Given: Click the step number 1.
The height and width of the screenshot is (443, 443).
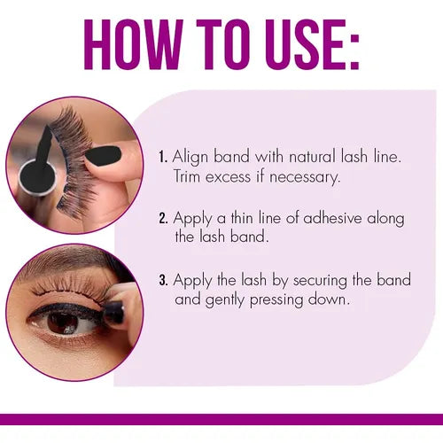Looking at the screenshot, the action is pos(163,157).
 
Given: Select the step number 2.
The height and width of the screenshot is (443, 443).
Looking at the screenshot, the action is pos(163,219).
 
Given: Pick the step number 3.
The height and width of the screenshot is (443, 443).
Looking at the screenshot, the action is pos(163,280).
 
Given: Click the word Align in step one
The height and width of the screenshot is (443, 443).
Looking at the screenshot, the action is pos(190,158).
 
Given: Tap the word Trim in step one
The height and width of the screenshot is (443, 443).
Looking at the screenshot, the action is pos(187,176).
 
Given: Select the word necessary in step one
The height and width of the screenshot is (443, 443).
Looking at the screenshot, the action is pos(303,178).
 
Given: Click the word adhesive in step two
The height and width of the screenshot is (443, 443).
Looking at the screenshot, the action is pos(332,218).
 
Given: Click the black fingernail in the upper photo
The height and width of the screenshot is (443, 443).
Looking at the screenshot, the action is pos(103,155).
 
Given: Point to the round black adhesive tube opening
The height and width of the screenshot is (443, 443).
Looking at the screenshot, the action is pos(33,176).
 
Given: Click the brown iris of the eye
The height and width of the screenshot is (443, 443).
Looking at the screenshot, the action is pos(63,322).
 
